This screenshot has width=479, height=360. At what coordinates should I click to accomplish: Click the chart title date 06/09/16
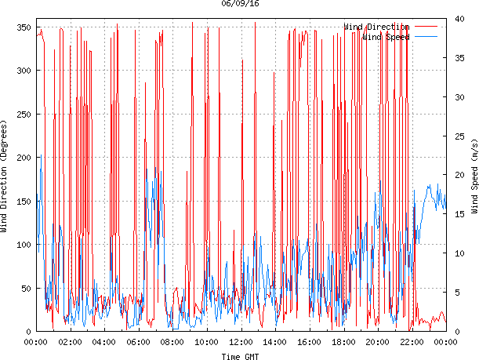tap(240, 4)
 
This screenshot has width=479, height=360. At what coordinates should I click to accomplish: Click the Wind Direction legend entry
tap(376, 27)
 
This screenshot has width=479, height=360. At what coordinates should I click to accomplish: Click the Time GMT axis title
tap(240, 356)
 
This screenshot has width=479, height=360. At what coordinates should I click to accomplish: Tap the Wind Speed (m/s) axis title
tap(474, 178)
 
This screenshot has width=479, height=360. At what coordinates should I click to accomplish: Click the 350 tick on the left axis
tap(24, 27)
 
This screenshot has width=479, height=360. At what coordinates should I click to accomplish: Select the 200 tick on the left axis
tap(24, 158)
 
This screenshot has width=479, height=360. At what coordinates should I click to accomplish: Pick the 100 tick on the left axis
tap(24, 245)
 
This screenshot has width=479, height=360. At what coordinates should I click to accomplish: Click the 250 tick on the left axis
tap(24, 115)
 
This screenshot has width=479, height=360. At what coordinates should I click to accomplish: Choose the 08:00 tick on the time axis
tap(172, 343)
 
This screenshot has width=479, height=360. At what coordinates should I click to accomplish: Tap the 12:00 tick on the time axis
tap(241, 343)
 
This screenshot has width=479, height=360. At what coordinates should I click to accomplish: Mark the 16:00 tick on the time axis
tap(309, 343)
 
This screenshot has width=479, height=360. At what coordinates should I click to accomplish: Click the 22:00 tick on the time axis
tap(412, 343)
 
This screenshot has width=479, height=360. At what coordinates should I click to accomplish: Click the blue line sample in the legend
tap(426, 37)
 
